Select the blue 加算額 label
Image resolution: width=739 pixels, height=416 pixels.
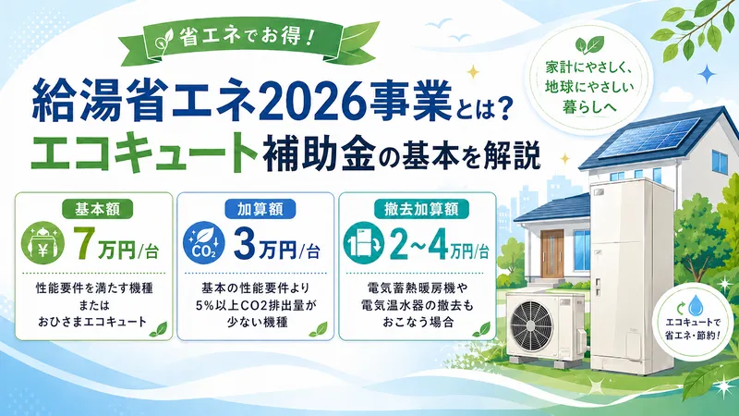[x=253, y=206]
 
